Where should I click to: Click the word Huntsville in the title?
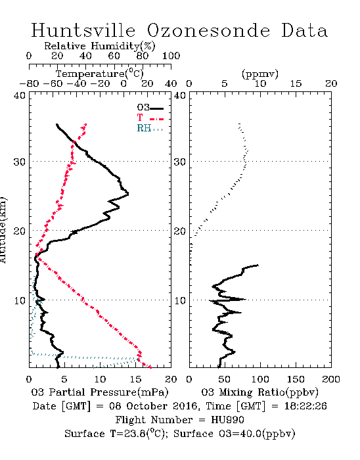83,30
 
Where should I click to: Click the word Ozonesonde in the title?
208,30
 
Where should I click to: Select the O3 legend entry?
150,108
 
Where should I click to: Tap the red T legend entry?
150,118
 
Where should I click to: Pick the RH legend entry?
150,128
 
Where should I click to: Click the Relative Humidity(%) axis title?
100,46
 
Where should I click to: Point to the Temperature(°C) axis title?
100,74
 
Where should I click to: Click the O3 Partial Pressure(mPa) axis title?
100,392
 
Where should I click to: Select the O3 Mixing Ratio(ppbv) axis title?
259,392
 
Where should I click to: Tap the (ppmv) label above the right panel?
259,74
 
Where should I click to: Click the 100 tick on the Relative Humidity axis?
171,56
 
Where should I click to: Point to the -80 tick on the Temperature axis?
29,83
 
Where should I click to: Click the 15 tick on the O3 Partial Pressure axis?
135,379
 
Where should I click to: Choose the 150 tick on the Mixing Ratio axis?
296,379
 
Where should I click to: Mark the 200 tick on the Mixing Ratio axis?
331,379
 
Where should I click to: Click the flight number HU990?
227,420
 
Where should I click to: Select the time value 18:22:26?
305,406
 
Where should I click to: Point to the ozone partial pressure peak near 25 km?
128,194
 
